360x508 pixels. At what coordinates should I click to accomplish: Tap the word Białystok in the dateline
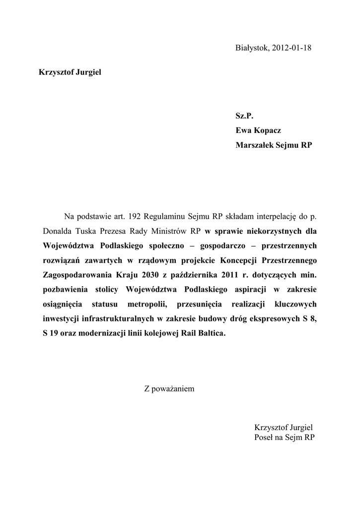pos(252,48)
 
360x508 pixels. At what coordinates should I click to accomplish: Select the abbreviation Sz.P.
pos(244,116)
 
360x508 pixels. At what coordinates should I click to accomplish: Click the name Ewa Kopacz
pos(258,131)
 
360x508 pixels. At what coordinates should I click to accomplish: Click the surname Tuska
pos(88,231)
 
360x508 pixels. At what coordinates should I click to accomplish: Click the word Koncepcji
pos(236,260)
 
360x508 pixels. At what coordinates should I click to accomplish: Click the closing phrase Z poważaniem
pos(169,388)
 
